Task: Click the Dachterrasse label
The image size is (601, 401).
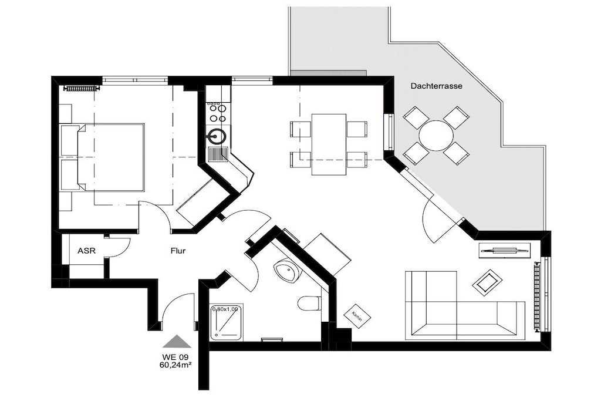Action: click(x=436, y=86)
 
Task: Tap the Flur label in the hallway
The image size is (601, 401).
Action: click(x=178, y=251)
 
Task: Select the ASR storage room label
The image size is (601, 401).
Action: click(x=86, y=251)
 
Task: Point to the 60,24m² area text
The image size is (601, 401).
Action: click(x=175, y=365)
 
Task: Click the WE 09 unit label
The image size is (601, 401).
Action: click(x=175, y=358)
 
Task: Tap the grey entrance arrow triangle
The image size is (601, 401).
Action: click(x=177, y=341)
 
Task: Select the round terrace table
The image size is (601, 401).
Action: click(x=436, y=136)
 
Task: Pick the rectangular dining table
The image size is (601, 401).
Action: click(x=329, y=144)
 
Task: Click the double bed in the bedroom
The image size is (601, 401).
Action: click(x=111, y=157)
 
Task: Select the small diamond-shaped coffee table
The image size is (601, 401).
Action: click(x=487, y=282)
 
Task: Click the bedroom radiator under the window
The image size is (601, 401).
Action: click(x=82, y=89)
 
